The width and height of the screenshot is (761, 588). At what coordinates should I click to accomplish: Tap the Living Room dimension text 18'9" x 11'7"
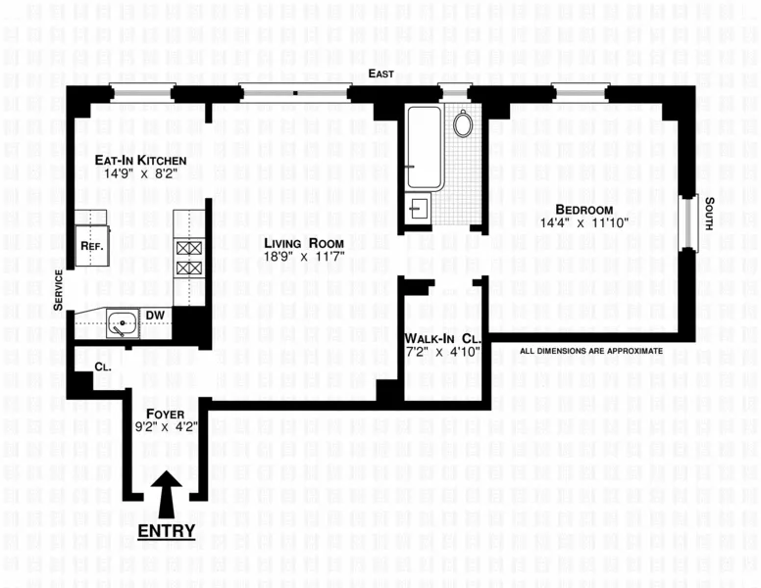coord(303,257)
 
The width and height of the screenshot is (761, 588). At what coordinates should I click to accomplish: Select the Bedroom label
coord(583,210)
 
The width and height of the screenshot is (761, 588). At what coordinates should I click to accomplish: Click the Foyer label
coord(164,413)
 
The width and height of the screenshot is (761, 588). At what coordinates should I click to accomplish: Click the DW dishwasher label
coord(155,315)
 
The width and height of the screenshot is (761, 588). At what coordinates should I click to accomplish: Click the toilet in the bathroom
coord(463,123)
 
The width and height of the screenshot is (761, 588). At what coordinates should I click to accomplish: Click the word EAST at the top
coord(381,74)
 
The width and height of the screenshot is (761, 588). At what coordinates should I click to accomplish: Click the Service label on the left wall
coord(59,290)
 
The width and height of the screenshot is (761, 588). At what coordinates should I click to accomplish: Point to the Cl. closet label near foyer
coord(103,367)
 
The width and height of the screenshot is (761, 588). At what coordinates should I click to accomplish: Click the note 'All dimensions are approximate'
coord(591,351)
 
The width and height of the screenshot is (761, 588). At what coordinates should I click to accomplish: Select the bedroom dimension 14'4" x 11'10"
coord(583,223)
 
